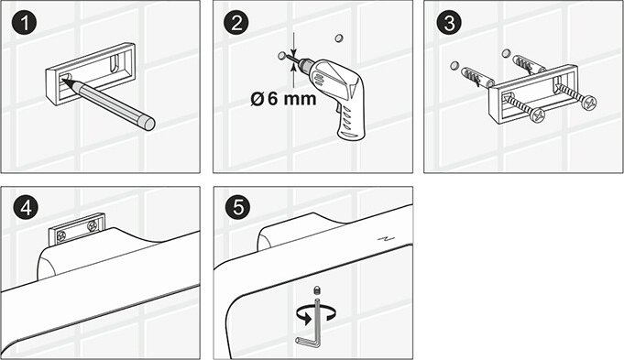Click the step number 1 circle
click(x=25, y=23)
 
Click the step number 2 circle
click(x=236, y=23)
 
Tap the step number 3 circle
click(x=449, y=23)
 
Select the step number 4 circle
click(x=25, y=208)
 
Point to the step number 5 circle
click(x=238, y=208)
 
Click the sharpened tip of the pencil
click(x=63, y=80)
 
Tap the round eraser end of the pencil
click(x=149, y=124)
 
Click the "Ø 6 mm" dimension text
click(x=283, y=98)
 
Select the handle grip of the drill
click(x=350, y=121)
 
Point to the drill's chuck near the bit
click(x=305, y=63)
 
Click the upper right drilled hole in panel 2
click(x=339, y=38)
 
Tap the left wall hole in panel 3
click(x=454, y=66)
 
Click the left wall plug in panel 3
click(x=477, y=77)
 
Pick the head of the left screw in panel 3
click(x=536, y=115)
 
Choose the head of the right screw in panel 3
click(x=589, y=103)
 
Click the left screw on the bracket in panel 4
click(x=61, y=236)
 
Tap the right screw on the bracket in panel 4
click(x=93, y=227)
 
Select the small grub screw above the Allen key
click(x=317, y=289)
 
